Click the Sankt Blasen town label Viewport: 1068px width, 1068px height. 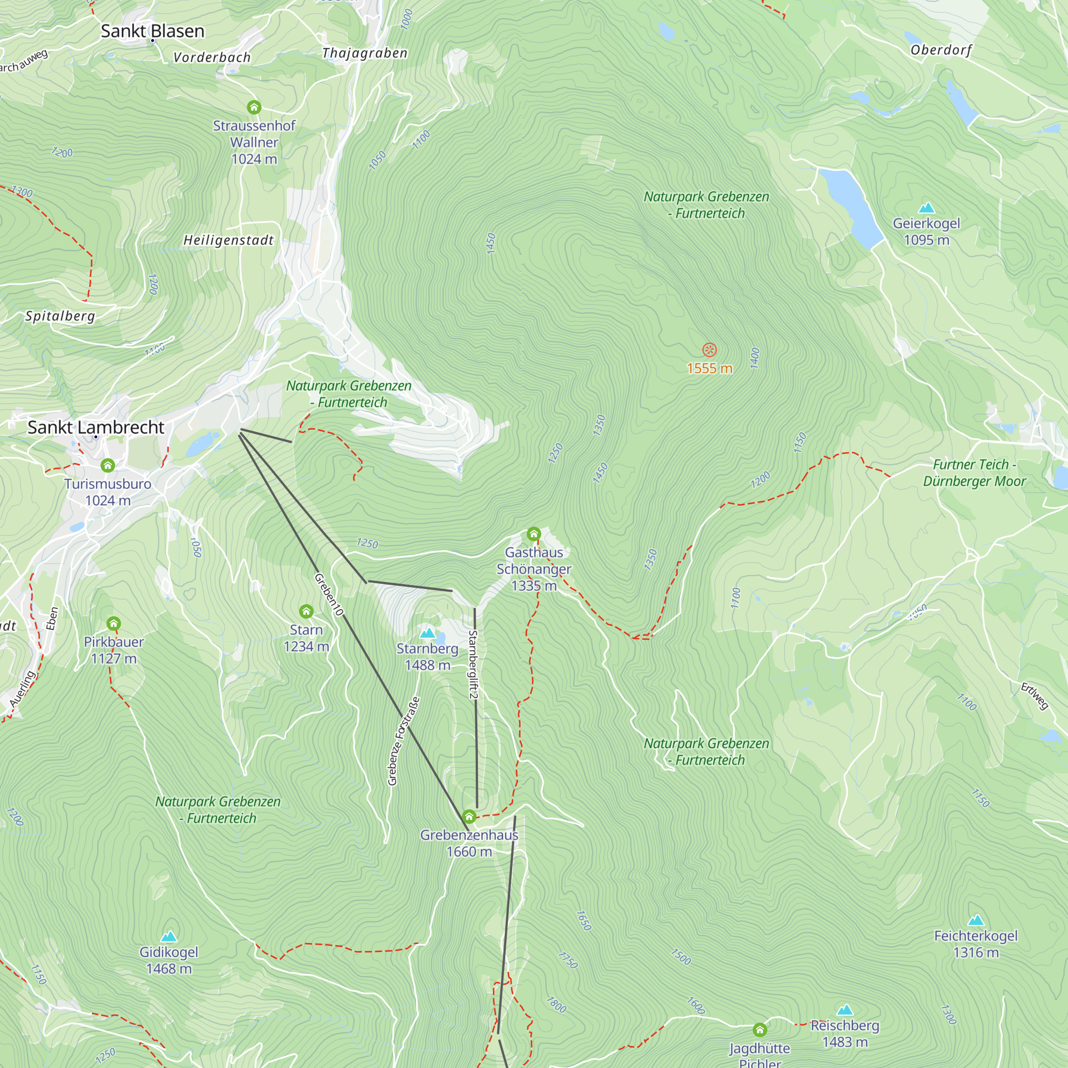(153, 32)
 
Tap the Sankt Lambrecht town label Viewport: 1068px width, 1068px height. (96, 427)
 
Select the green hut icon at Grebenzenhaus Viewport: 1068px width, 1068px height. (469, 816)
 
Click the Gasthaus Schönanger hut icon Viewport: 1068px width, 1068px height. (533, 534)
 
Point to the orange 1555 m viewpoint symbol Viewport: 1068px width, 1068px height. (709, 350)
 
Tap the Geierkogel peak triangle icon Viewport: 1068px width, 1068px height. (926, 208)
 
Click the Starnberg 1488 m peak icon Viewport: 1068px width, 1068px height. (427, 633)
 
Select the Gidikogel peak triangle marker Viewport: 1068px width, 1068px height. (169, 937)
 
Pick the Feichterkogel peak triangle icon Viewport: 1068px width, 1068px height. (976, 921)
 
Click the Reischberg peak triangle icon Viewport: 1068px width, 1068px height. (845, 1010)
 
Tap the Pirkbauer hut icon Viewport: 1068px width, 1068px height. (113, 624)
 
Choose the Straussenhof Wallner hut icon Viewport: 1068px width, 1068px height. (254, 107)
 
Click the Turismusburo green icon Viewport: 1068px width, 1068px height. (108, 466)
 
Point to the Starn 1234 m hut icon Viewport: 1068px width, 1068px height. (306, 611)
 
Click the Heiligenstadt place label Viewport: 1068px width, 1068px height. (229, 240)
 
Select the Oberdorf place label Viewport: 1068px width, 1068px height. (941, 50)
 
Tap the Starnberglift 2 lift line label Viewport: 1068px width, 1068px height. (473, 664)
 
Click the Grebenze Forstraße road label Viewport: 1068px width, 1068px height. (404, 741)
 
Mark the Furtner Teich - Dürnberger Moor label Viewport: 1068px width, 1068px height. (975, 473)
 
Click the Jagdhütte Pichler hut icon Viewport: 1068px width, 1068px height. (760, 1030)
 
